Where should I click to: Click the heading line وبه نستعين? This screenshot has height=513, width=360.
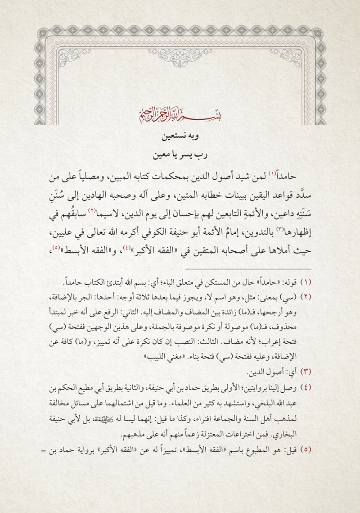click(180, 136)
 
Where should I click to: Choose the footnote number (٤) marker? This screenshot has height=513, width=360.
click(306, 387)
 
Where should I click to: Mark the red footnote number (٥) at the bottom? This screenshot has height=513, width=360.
click(306, 449)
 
